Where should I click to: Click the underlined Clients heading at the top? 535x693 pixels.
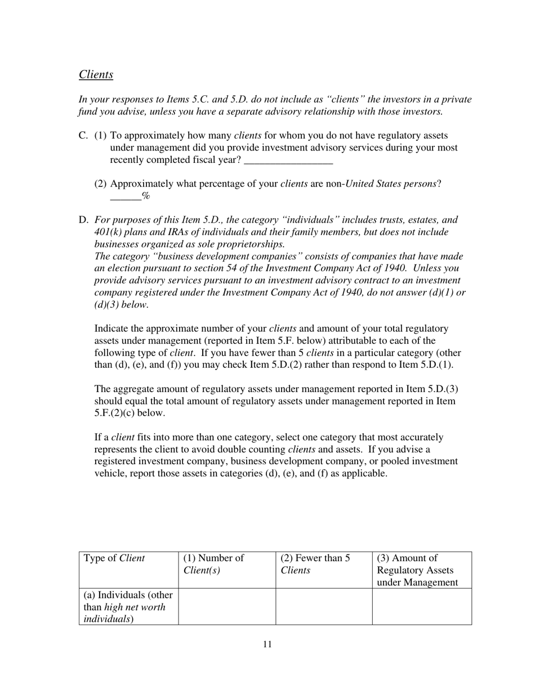(96, 74)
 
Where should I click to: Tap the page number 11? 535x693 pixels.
(267, 645)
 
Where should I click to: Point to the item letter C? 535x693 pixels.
(83, 136)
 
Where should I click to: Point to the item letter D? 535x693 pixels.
(83, 220)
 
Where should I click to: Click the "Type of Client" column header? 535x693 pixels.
(114, 558)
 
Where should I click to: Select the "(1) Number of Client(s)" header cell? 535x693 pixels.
(213, 564)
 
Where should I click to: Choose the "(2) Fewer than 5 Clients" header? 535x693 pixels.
(315, 564)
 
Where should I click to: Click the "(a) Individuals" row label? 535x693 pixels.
(128, 607)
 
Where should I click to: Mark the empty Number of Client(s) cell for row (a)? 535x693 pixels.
(227, 607)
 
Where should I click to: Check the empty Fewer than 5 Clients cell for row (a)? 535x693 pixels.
(324, 607)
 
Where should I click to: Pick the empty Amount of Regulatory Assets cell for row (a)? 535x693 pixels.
(422, 607)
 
